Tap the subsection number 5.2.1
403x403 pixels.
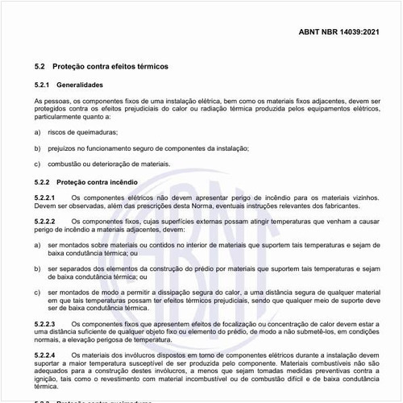[43, 85]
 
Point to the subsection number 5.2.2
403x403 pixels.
[43, 181]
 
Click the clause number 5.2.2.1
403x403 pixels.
[45, 197]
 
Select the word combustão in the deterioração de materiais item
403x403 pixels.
[65, 164]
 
